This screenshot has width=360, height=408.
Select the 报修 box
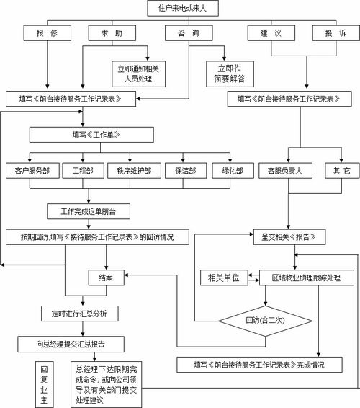pyautogui.click(x=49, y=33)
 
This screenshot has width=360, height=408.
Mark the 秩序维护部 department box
pyautogui.click(x=133, y=172)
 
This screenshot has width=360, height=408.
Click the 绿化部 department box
pyautogui.click(x=232, y=172)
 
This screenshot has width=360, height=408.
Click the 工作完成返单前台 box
pyautogui.click(x=92, y=210)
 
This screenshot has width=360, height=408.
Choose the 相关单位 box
pyautogui.click(x=223, y=277)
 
